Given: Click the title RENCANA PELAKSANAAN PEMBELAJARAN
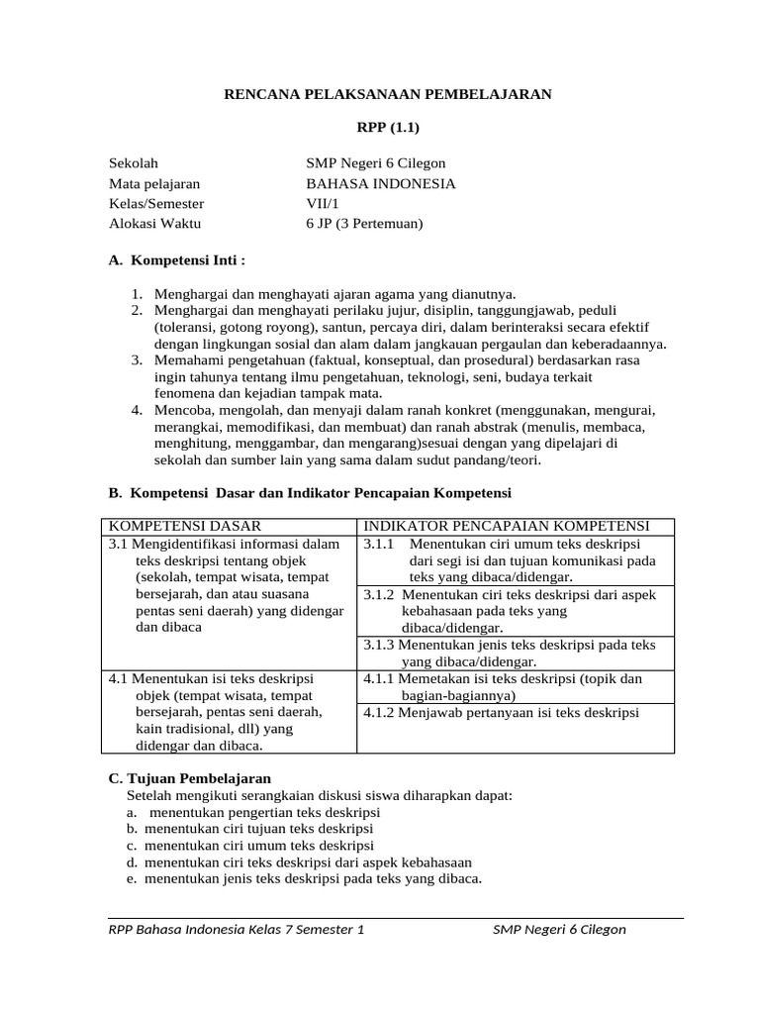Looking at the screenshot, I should tap(387, 94).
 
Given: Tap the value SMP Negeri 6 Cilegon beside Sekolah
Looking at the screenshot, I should tap(376, 163).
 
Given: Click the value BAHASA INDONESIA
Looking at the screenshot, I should tap(381, 183).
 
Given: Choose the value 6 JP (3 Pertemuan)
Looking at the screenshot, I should tap(364, 223).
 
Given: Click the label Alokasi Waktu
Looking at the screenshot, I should tap(154, 223).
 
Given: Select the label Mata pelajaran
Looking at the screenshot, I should tap(154, 183).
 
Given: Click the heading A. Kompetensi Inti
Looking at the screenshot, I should tap(175, 259).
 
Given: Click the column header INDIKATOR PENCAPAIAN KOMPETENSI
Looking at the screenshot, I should tap(506, 526).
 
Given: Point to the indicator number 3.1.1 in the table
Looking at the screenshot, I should tap(379, 544).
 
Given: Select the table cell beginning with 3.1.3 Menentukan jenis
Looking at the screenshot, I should tap(510, 653).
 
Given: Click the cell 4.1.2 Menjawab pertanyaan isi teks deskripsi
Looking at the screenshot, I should tap(501, 712).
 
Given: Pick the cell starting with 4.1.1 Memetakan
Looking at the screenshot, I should tap(503, 686).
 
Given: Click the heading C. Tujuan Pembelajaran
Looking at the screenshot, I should tap(189, 778).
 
